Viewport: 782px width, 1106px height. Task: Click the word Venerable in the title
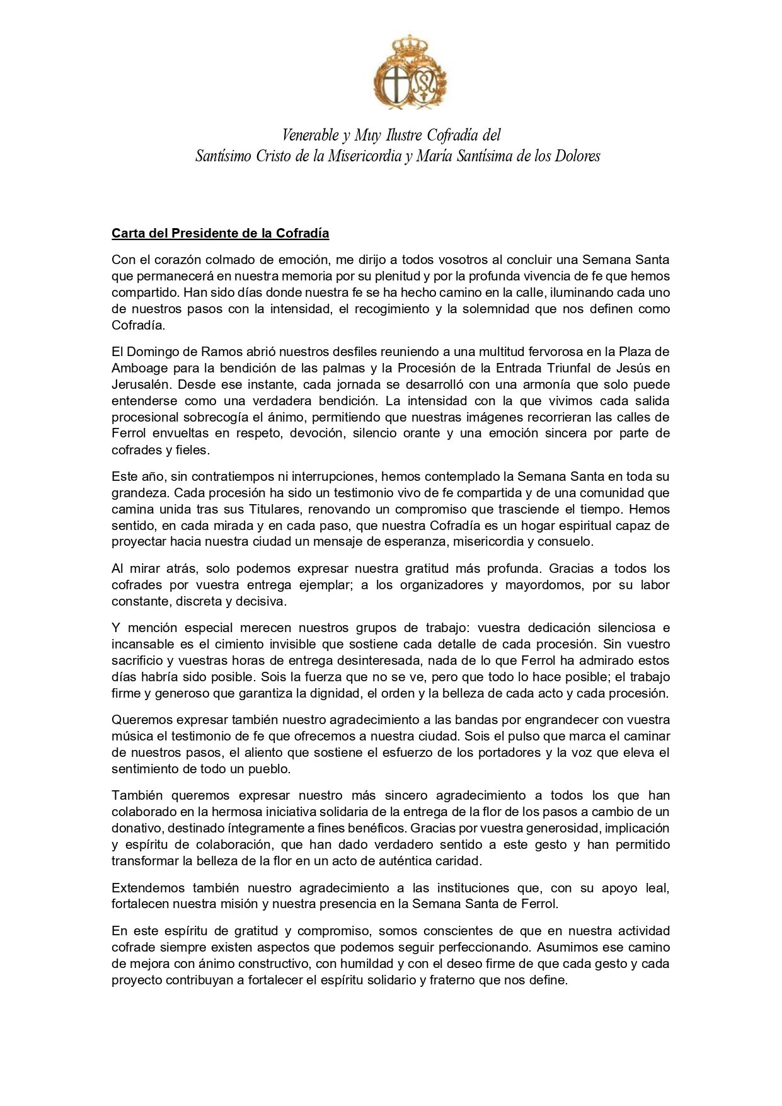[309, 135]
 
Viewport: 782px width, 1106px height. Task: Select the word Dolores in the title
[577, 156]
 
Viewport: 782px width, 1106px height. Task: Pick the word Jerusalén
[141, 384]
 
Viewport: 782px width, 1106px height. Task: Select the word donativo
[142, 828]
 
